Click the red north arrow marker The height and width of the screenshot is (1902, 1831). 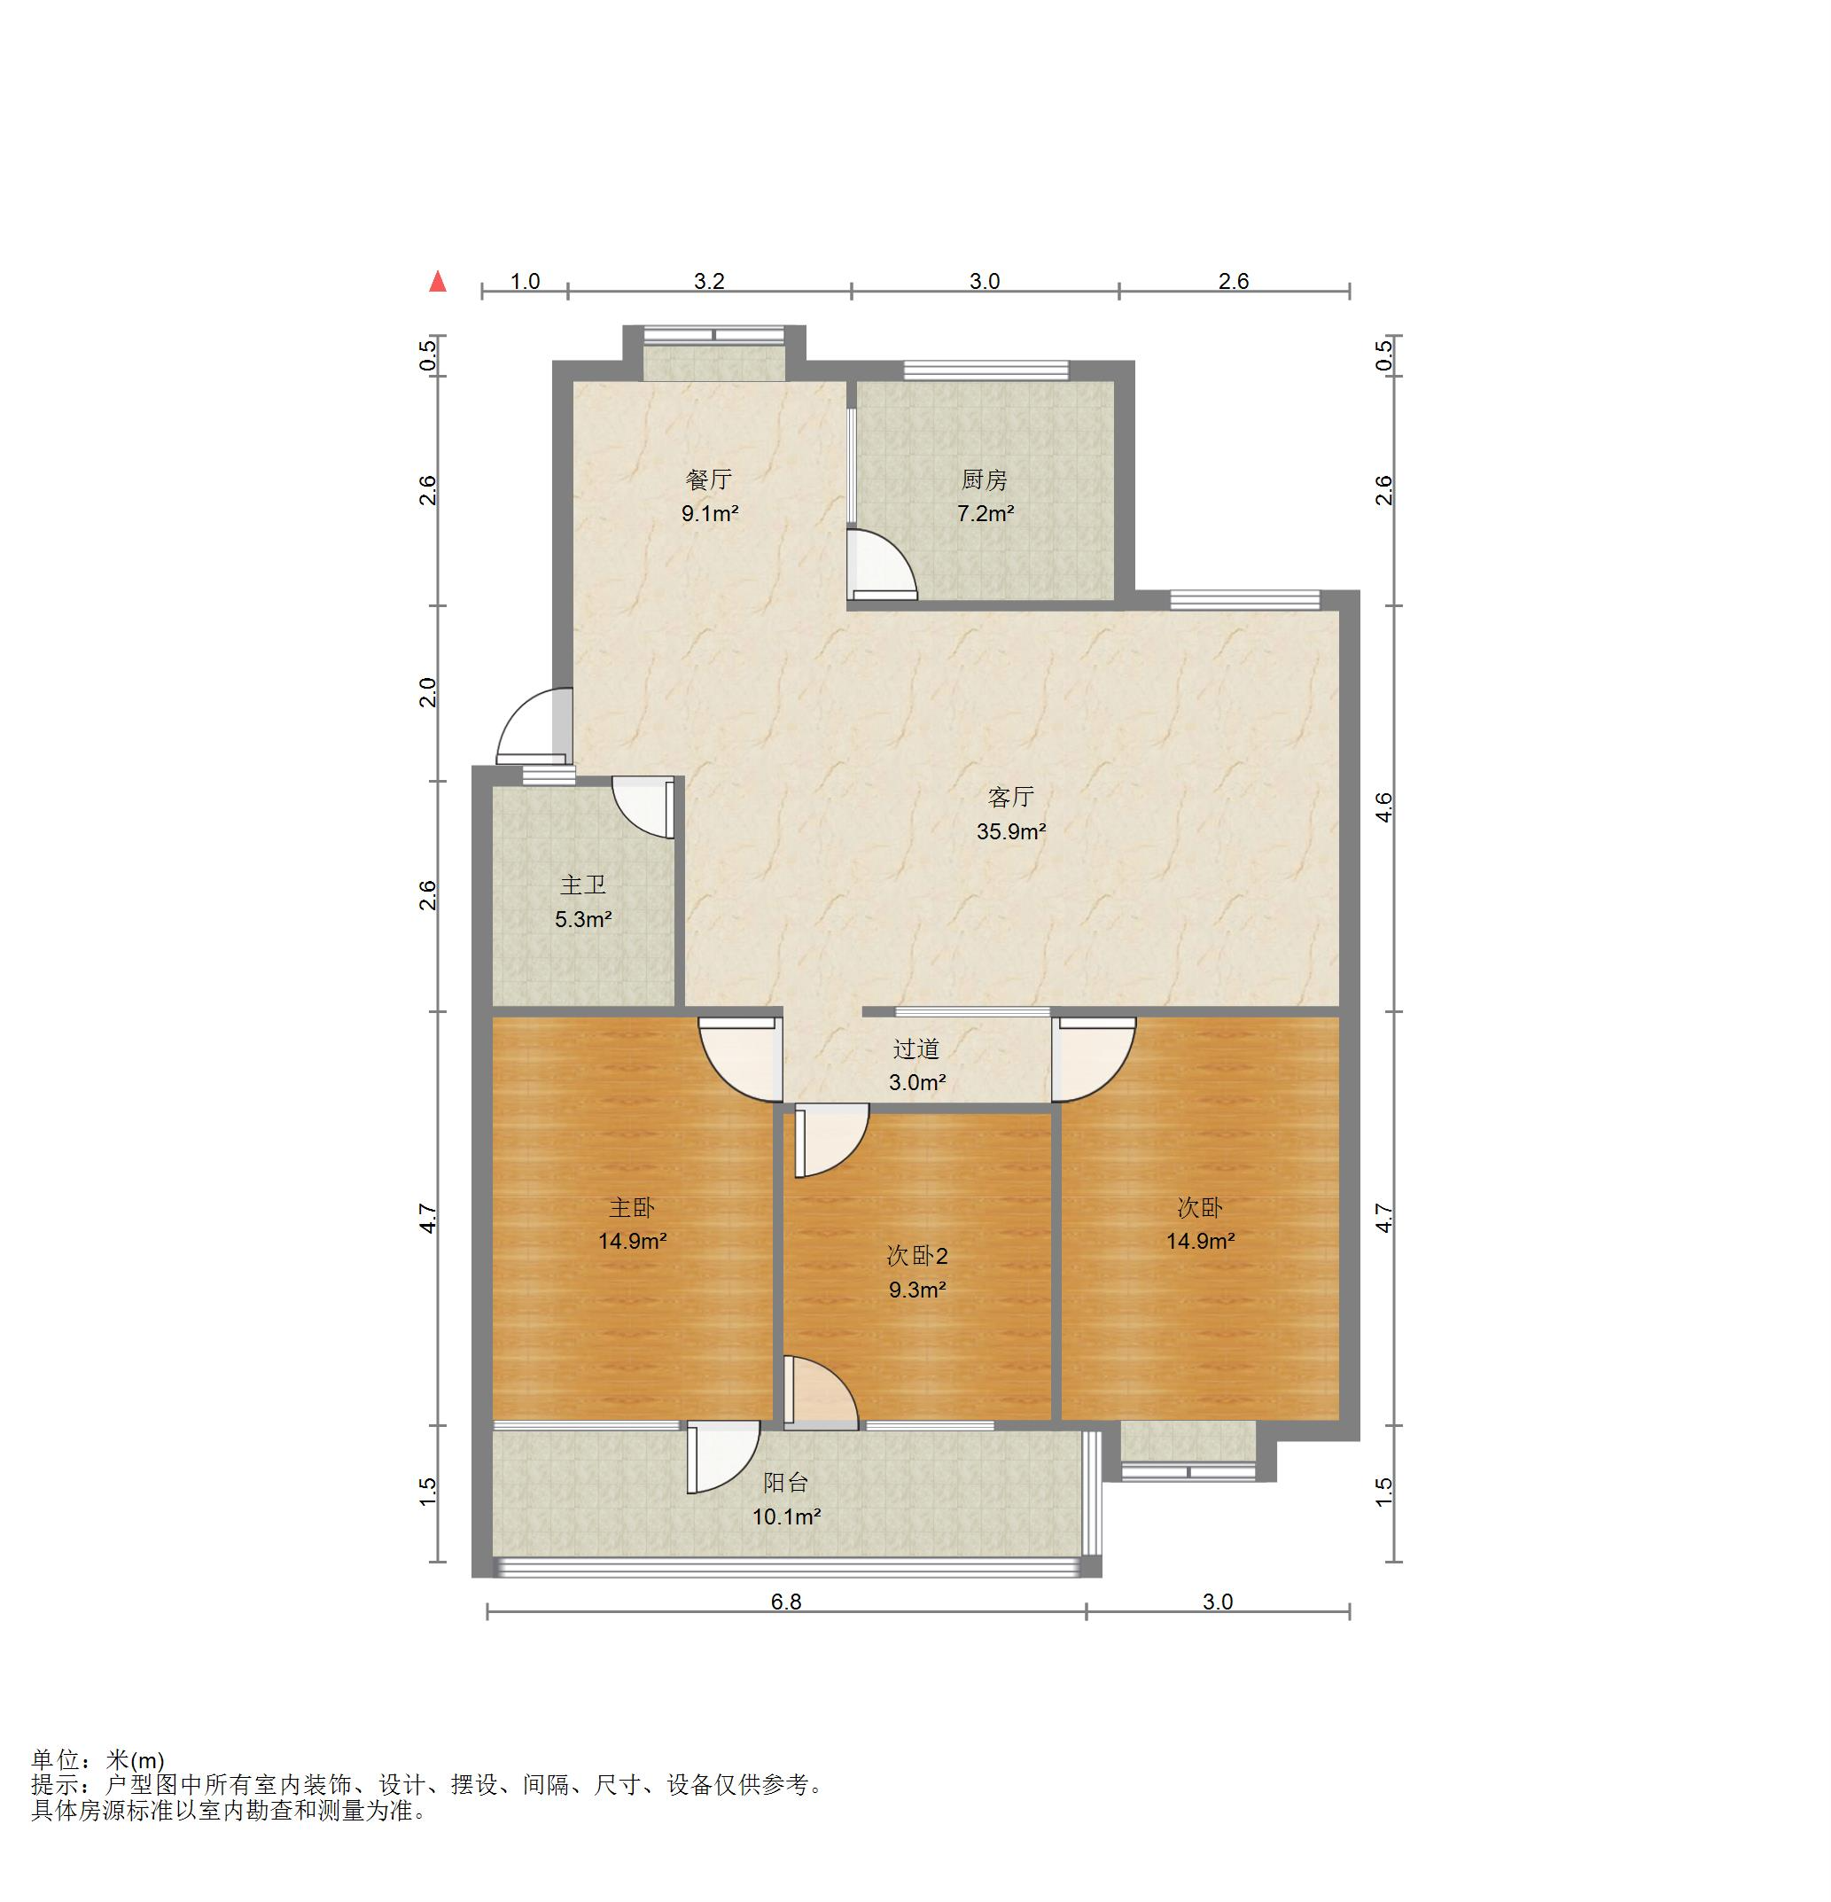(439, 282)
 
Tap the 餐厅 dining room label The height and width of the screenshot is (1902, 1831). (709, 479)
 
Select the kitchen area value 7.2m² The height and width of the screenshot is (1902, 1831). (986, 513)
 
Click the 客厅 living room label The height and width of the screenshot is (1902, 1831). (1011, 797)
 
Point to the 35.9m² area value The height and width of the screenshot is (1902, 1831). (1011, 830)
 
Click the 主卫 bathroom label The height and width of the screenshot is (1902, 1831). (583, 885)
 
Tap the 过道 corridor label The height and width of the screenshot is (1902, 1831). (917, 1049)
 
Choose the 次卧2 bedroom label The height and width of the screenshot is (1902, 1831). (917, 1256)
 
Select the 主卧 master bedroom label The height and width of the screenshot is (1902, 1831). (632, 1207)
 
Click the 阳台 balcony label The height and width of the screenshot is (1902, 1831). (786, 1482)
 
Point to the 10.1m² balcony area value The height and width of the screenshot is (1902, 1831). (787, 1516)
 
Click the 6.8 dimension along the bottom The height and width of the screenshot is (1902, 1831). (786, 1602)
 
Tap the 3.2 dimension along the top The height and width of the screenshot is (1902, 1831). (709, 282)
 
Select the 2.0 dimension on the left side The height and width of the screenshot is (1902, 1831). (428, 692)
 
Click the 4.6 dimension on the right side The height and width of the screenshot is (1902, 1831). (1383, 807)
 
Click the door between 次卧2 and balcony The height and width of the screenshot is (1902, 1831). (821, 1391)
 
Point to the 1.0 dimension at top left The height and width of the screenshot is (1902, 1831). (525, 282)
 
